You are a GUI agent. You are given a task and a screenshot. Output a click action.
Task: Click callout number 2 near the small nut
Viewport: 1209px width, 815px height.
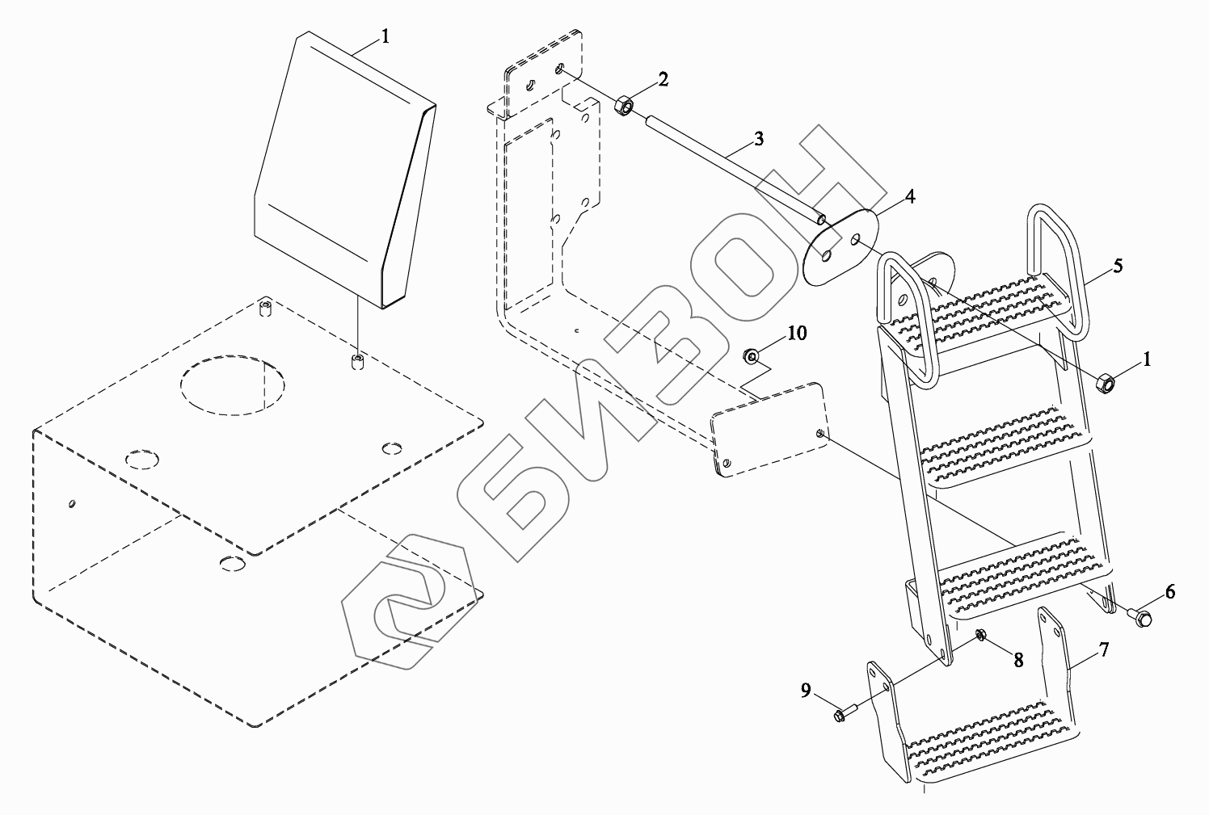point(663,78)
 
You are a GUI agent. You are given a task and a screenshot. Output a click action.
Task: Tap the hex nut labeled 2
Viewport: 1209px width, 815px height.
point(624,106)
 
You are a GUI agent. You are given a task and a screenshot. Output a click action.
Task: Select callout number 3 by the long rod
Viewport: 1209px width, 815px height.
point(758,138)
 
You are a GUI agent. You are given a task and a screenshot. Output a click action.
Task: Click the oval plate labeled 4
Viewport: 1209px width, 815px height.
point(840,246)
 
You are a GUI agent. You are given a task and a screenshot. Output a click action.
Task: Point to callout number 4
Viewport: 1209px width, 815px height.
point(910,196)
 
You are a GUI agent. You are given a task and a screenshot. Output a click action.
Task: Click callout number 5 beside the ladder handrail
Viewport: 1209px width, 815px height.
point(1117,265)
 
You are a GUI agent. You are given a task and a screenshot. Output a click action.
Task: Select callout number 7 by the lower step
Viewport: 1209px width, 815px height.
point(1104,649)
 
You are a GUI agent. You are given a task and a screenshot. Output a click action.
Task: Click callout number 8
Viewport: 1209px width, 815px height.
point(1017,659)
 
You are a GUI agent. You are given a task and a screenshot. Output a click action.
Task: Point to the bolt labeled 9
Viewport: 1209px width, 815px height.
point(841,715)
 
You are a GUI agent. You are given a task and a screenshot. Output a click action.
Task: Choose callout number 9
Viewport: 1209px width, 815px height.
point(807,689)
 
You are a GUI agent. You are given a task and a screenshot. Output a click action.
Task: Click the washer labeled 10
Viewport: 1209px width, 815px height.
point(752,354)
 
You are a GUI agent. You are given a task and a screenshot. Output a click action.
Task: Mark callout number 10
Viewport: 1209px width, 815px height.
point(797,334)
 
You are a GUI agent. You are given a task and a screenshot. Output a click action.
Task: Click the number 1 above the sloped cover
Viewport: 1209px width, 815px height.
point(385,36)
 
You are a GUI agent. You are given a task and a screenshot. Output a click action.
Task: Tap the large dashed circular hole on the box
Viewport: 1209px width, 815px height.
point(233,384)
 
